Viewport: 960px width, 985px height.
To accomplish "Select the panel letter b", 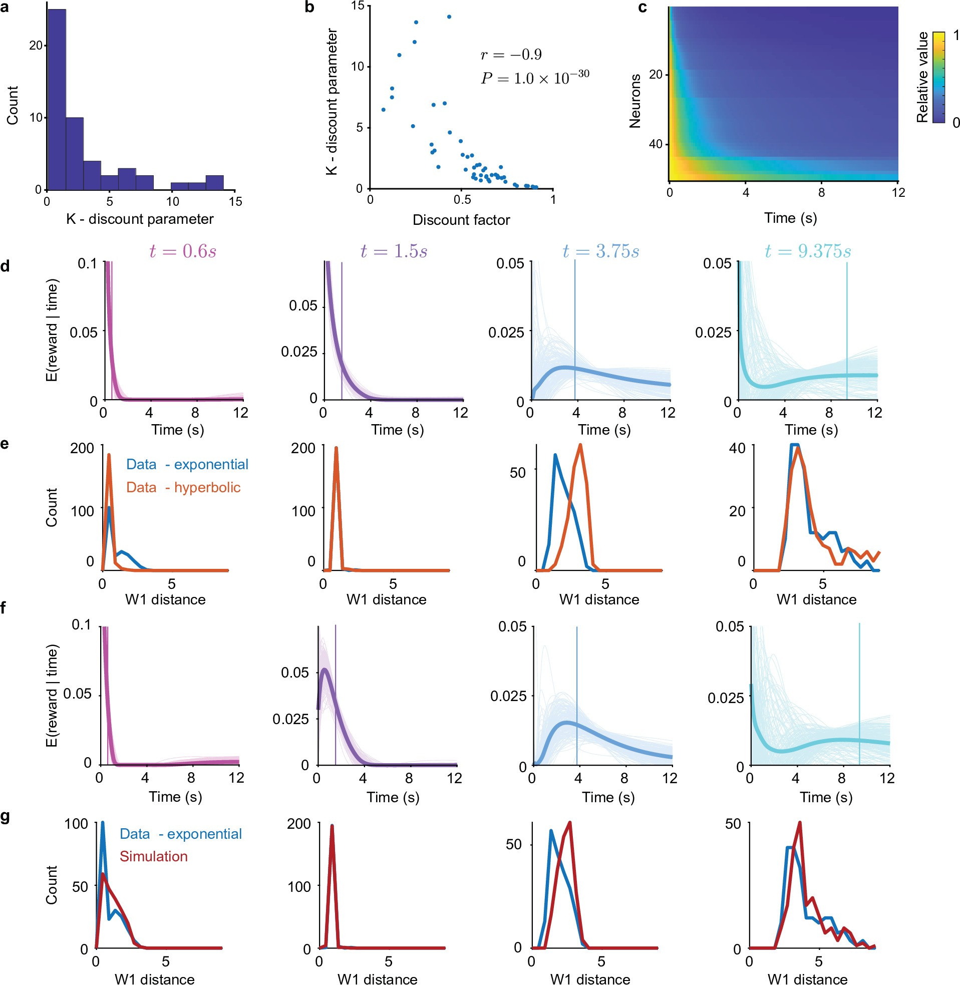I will pyautogui.click(x=309, y=8).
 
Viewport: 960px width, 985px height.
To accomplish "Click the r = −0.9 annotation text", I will pyautogui.click(x=511, y=55).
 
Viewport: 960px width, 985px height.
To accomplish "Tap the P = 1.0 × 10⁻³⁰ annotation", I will pyautogui.click(x=534, y=78).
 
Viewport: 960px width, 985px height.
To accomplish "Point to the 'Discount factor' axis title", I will pyautogui.click(x=461, y=220).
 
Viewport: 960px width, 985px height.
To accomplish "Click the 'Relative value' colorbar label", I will pyautogui.click(x=922, y=77).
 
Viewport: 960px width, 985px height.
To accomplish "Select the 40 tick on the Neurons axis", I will pyautogui.click(x=656, y=144).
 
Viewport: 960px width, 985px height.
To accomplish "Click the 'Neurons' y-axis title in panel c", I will pyautogui.click(x=635, y=101).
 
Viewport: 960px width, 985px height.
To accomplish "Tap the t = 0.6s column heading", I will pyautogui.click(x=182, y=250).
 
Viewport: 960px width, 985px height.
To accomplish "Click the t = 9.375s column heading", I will pyautogui.click(x=808, y=250).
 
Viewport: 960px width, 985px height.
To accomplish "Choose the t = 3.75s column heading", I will pyautogui.click(x=600, y=250).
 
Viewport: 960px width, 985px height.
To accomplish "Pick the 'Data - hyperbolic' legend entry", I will pyautogui.click(x=183, y=487).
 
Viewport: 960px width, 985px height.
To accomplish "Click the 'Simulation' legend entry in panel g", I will pyautogui.click(x=153, y=856).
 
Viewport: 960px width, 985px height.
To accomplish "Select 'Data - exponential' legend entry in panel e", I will pyautogui.click(x=187, y=464).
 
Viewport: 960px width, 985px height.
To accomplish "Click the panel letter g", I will pyautogui.click(x=6, y=816).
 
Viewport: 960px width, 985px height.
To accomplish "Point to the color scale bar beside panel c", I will pyautogui.click(x=938, y=77).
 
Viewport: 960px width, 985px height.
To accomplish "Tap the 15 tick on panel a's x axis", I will pyautogui.click(x=235, y=202).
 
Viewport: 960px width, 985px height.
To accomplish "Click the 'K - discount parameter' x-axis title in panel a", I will pyautogui.click(x=140, y=219).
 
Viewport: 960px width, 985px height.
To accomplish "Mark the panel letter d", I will pyautogui.click(x=6, y=266).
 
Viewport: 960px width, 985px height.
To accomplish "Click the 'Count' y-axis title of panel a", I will pyautogui.click(x=12, y=105).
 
